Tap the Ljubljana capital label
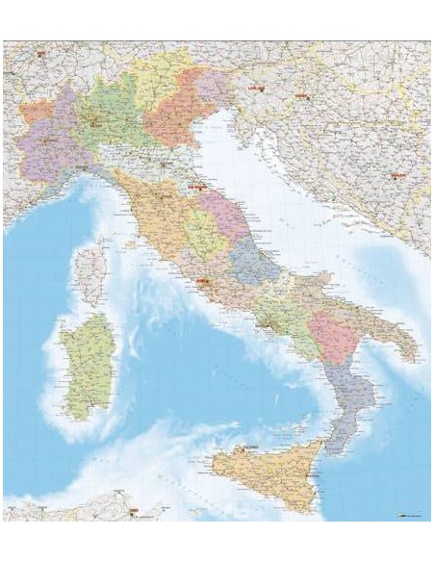coord(255,88)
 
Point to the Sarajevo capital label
coord(395,175)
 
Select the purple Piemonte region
coord(48,144)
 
